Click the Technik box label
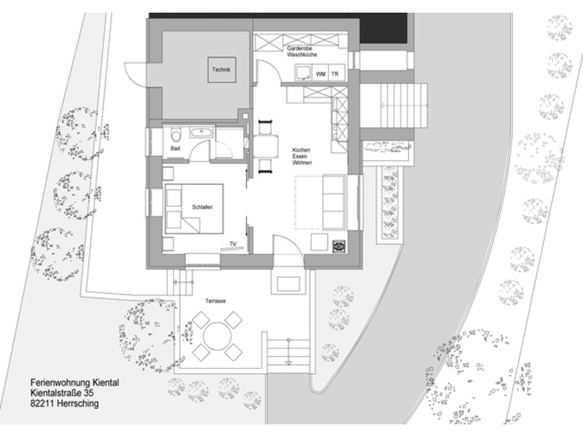(223, 70)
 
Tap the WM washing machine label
(321, 74)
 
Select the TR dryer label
(335, 74)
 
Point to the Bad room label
(175, 148)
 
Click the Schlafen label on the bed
(202, 207)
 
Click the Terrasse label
(215, 301)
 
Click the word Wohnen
(302, 163)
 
